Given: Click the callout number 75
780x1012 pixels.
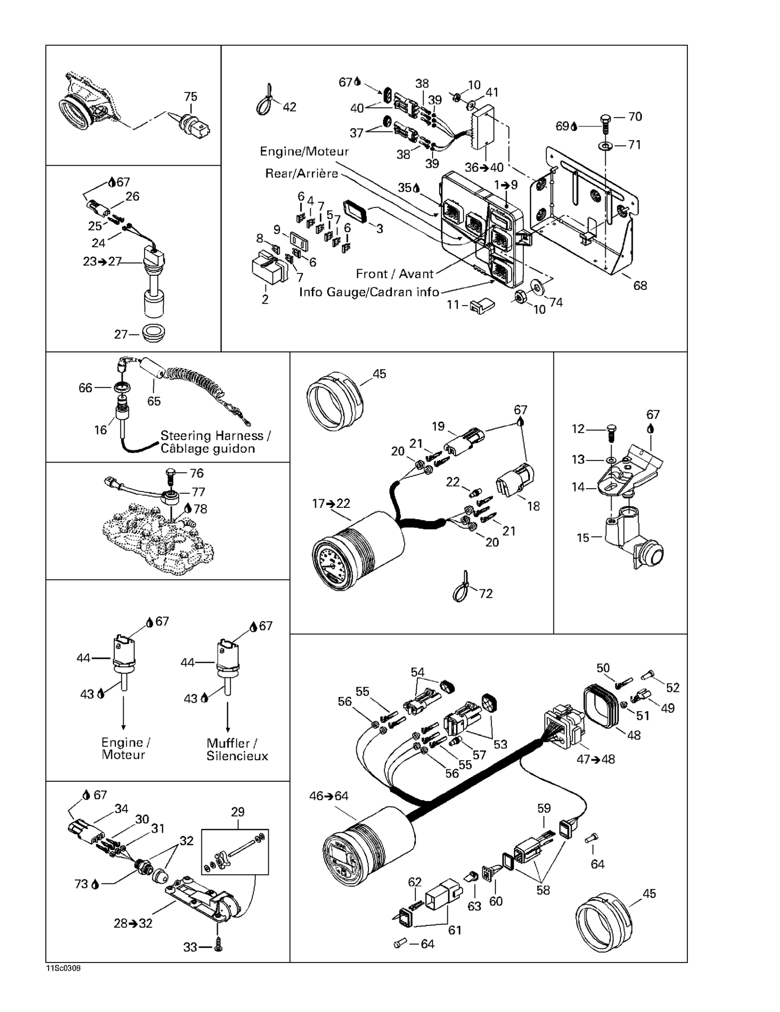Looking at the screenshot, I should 190,96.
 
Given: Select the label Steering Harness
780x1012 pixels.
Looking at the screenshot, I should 212,435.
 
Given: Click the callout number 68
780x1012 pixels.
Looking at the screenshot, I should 640,285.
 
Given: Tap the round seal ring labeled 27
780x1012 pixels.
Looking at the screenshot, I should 153,333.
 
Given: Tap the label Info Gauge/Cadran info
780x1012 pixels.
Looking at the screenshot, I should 369,292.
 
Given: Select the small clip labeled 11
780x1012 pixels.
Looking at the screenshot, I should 483,305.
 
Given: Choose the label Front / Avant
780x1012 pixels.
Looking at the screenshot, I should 395,274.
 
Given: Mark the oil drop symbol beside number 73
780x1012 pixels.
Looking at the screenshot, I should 95,884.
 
